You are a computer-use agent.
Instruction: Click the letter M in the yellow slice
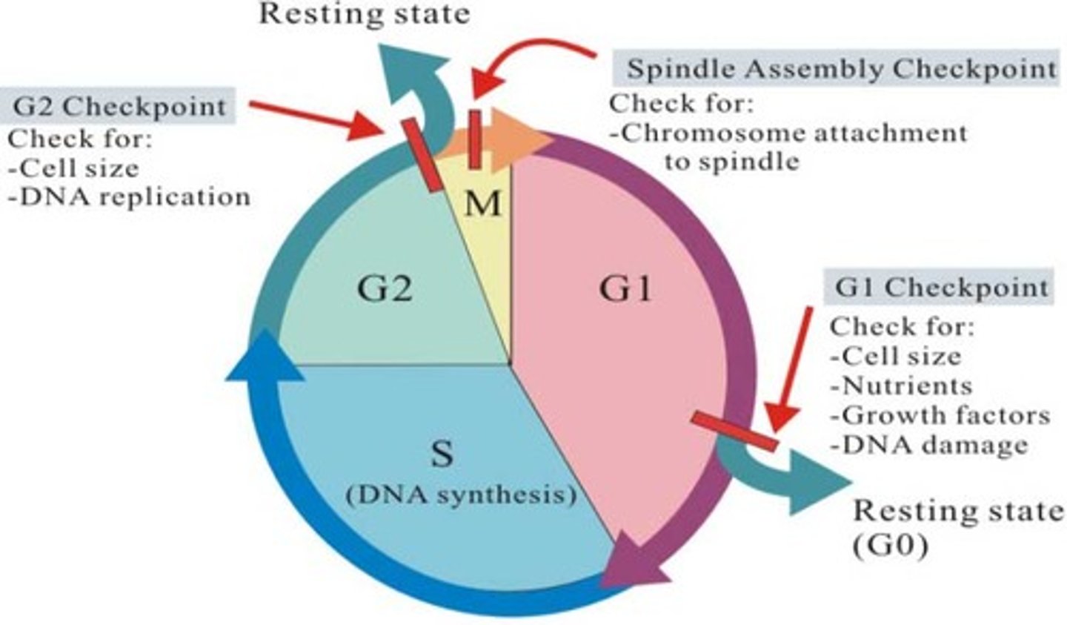click(x=482, y=203)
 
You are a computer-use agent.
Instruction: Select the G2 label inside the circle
click(x=385, y=288)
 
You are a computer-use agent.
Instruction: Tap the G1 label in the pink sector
click(x=625, y=288)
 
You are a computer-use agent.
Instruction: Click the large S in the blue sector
click(x=442, y=453)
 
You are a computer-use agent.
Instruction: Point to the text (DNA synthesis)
click(x=461, y=494)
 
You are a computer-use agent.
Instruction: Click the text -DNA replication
click(x=129, y=196)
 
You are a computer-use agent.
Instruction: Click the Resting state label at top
click(x=364, y=13)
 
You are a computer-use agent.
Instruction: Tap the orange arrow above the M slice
click(x=519, y=137)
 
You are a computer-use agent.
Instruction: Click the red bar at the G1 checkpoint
click(x=734, y=431)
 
